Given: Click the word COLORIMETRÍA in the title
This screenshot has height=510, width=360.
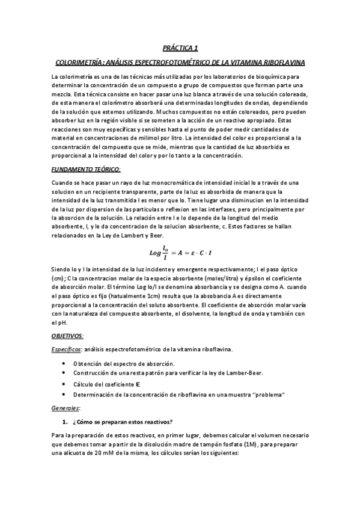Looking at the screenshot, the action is click(x=78, y=62).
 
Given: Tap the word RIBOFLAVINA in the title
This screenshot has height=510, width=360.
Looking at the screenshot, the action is click(x=283, y=62).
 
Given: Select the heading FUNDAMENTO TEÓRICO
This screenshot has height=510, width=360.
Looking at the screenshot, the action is click(x=87, y=170).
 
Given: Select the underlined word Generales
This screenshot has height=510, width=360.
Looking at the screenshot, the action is click(x=66, y=408).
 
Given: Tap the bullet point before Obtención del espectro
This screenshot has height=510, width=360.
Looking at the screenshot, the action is click(x=64, y=364).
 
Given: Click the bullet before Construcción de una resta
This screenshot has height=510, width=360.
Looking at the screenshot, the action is click(x=64, y=374).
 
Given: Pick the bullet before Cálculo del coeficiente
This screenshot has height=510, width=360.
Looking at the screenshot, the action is click(x=64, y=384).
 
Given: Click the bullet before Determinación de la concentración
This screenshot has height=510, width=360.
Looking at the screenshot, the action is click(x=64, y=394).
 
